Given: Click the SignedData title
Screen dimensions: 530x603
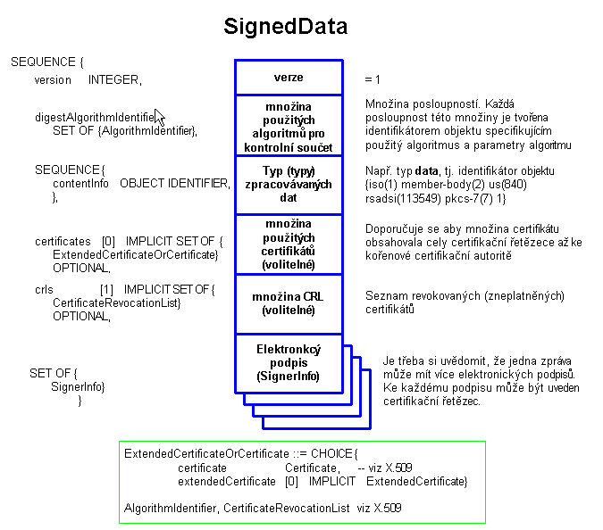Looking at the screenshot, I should click(x=285, y=28).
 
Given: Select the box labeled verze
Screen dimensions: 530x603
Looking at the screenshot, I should click(x=288, y=78).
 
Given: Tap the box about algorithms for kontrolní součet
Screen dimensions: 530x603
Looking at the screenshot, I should click(x=288, y=126).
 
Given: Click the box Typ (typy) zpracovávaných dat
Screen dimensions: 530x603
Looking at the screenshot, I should click(x=288, y=184).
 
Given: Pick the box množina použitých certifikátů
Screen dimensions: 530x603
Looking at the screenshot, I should click(x=288, y=244).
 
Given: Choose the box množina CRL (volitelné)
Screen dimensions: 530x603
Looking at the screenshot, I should click(x=288, y=303).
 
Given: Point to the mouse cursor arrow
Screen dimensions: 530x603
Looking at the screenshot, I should click(x=159, y=117).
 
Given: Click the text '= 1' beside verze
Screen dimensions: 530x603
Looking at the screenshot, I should click(x=373, y=80).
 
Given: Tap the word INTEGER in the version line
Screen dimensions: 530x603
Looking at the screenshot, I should click(x=113, y=80).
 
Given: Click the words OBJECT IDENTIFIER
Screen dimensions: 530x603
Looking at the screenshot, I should click(x=174, y=183).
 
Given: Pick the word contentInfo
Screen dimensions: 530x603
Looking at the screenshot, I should click(x=80, y=183).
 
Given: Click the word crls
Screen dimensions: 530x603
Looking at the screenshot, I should click(x=44, y=290).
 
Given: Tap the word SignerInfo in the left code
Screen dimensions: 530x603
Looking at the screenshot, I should click(x=79, y=386).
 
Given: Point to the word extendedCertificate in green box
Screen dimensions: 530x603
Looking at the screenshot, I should click(x=227, y=481).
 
